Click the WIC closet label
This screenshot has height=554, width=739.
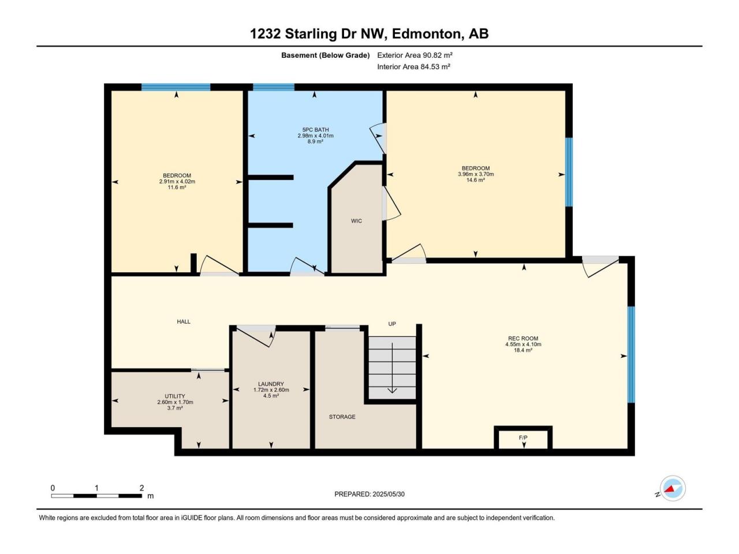pos(356,221)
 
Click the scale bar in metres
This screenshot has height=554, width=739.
pos(96,496)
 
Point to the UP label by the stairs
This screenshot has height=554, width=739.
pos(392,324)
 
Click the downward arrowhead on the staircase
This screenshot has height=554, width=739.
pos(392,391)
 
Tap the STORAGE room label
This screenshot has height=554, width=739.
pos(342,417)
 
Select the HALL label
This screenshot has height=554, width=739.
pos(184,321)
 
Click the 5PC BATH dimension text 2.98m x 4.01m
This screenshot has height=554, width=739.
pos(315,136)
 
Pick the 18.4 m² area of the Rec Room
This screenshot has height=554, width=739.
pos(523,350)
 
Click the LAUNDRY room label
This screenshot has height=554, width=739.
pos(271,384)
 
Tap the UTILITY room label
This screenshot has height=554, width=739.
pos(175,396)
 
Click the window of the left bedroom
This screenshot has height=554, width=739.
pos(176,87)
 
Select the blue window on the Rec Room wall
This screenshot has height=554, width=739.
pos(631,354)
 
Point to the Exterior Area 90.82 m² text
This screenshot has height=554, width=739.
pos(415,55)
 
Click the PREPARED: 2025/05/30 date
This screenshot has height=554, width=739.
pos(369,494)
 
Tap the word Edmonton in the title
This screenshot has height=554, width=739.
pos(426,34)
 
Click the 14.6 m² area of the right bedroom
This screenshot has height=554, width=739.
pos(475,180)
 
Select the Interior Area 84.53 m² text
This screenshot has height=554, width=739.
pos(414,66)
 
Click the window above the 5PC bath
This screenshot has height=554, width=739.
pos(274,87)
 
